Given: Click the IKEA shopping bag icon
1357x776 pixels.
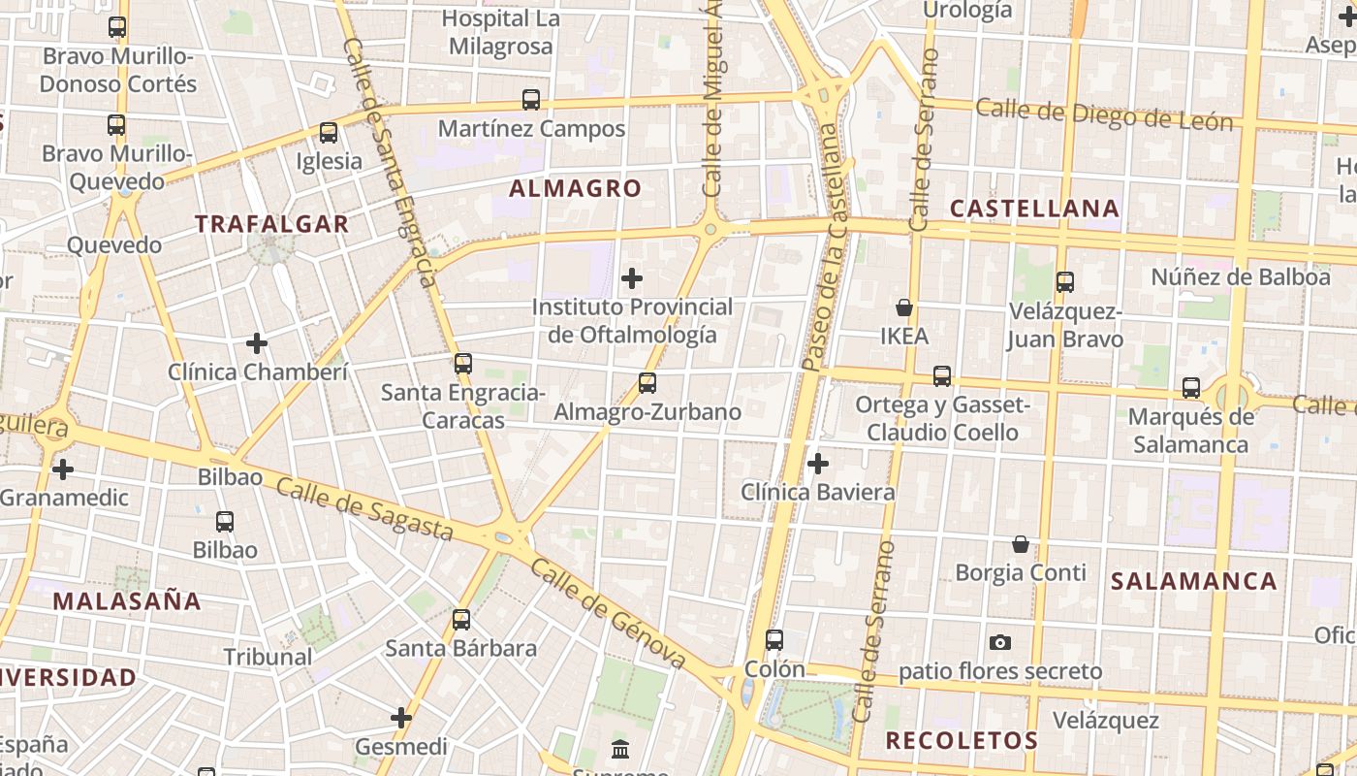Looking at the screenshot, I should (904, 307).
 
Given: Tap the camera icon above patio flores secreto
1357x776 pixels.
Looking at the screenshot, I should (1000, 642).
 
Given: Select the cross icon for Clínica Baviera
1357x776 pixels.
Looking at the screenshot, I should (818, 464).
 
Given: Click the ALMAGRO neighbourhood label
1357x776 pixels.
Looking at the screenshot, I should (576, 188).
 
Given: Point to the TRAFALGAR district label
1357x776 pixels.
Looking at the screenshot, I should (271, 224).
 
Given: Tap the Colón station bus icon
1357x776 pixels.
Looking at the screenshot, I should (773, 640).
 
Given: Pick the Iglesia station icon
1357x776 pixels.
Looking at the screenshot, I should (329, 133).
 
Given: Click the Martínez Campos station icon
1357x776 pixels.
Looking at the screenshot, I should (531, 99).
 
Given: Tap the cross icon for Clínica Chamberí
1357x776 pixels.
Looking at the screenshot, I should (257, 343).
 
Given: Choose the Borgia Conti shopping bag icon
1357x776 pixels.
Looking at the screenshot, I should (1020, 544).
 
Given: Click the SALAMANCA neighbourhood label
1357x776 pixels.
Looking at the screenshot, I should (1193, 581).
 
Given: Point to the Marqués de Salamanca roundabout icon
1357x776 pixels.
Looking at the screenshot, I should (1191, 388).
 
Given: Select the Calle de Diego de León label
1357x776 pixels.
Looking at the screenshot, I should (1104, 115).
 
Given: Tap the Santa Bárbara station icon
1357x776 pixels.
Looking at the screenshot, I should (461, 619).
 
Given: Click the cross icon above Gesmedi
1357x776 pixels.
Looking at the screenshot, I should (401, 718).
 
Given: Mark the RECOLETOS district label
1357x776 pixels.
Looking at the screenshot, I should (962, 740).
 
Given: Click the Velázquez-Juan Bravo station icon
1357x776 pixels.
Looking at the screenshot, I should (1065, 282).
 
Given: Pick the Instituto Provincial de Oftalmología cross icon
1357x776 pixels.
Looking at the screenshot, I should (632, 279).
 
